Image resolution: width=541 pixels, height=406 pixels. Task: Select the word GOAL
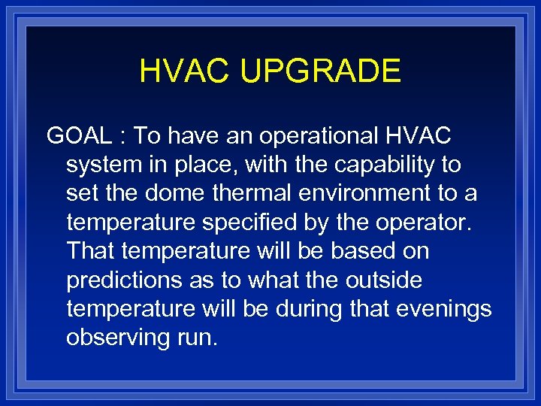pos(78,136)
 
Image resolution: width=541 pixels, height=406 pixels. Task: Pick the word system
pos(101,165)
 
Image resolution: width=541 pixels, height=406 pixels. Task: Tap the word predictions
pos(123,280)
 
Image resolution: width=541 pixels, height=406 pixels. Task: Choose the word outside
pos(384,280)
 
